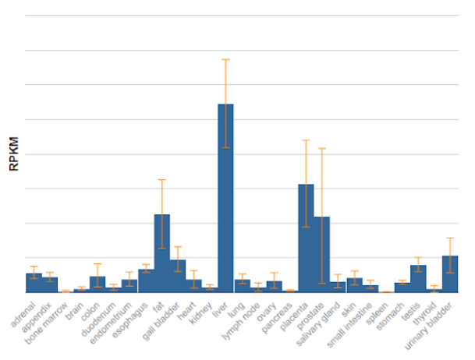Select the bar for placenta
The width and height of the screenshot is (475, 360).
point(306,238)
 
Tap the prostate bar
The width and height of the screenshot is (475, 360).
point(322,254)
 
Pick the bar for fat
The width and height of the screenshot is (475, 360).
point(161,252)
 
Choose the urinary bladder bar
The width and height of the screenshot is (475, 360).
point(449,274)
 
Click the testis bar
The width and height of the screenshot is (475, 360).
point(418,278)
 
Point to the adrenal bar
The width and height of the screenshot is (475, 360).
point(34,282)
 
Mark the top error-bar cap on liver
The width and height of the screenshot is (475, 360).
point(225,59)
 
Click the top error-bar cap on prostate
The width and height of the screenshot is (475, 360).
point(322,148)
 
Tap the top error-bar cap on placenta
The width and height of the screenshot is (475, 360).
point(306,140)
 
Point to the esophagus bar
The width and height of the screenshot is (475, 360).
point(145,281)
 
